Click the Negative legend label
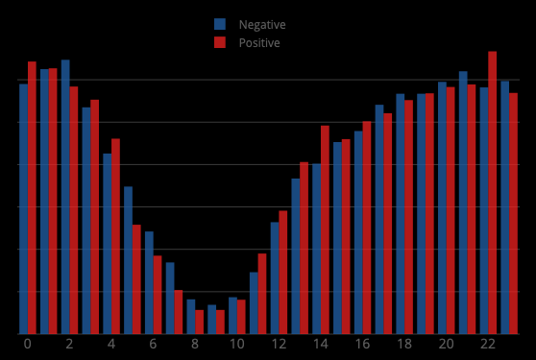pyautogui.click(x=261, y=25)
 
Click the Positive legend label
pyautogui.click(x=259, y=43)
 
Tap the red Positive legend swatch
pyautogui.click(x=220, y=43)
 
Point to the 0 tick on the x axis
pyautogui.click(x=27, y=344)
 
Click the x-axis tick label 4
pyautogui.click(x=110, y=344)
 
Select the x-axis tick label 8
pyautogui.click(x=194, y=344)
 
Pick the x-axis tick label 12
pyautogui.click(x=279, y=344)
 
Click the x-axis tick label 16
pyautogui.click(x=362, y=344)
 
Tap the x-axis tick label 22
pyautogui.click(x=488, y=344)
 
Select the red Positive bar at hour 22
pyautogui.click(x=493, y=192)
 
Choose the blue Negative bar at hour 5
pyautogui.click(x=128, y=260)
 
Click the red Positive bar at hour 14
pyautogui.click(x=325, y=229)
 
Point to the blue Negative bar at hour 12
pyautogui.click(x=275, y=277)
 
